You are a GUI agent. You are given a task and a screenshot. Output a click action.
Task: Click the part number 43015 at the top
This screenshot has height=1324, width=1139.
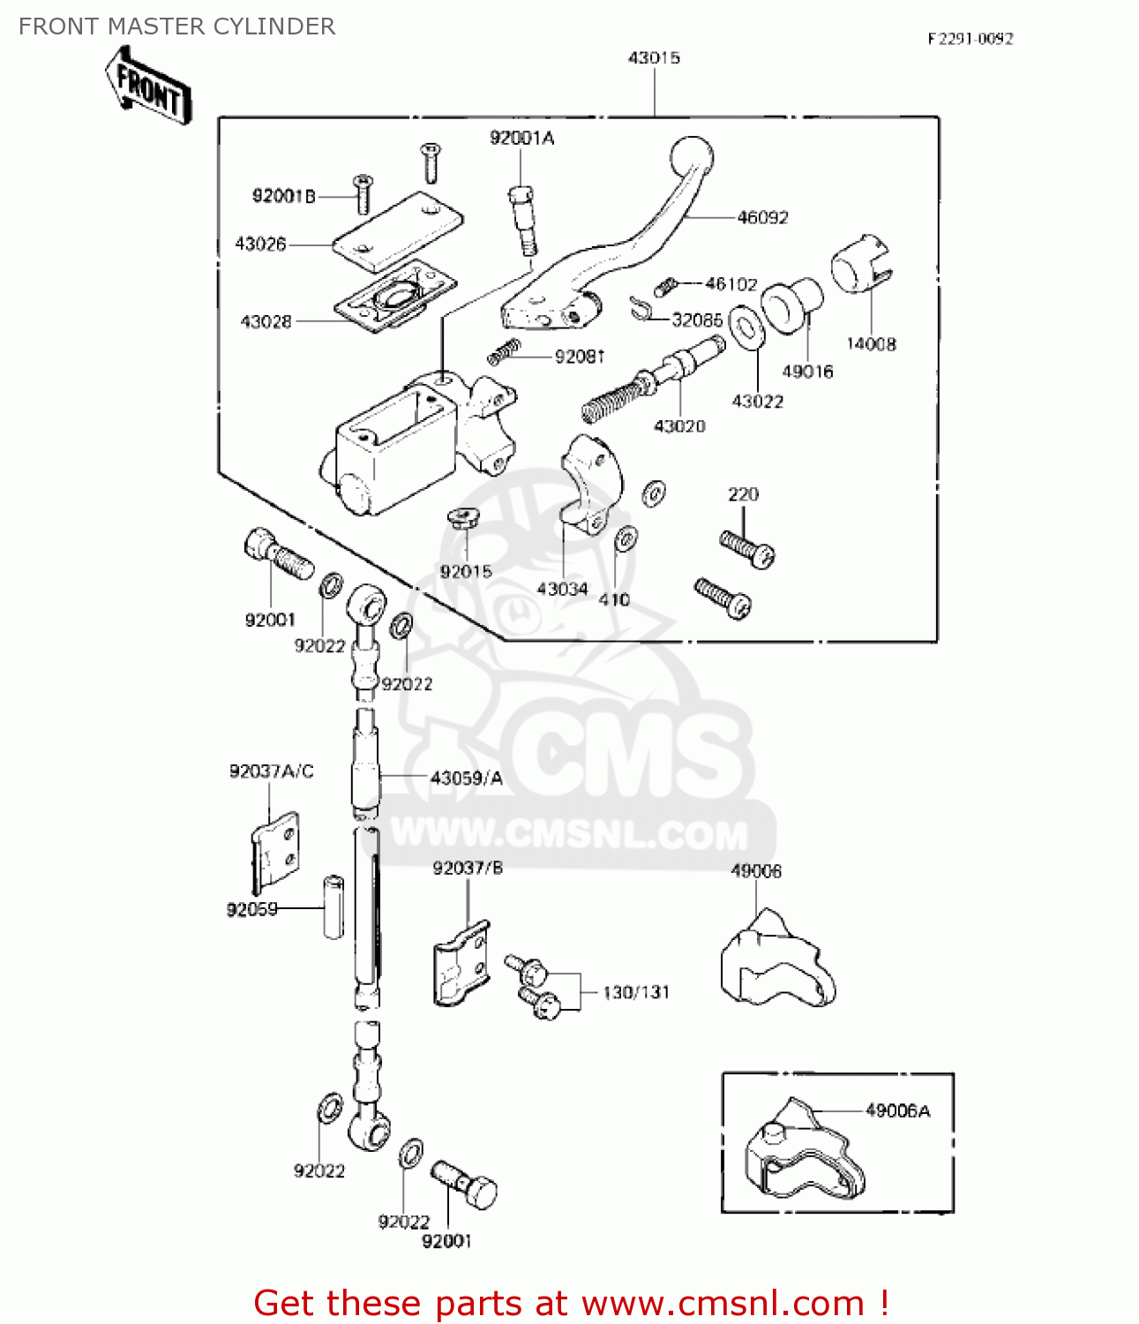coord(654,58)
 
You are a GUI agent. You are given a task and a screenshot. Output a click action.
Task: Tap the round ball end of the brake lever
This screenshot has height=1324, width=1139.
coord(692,159)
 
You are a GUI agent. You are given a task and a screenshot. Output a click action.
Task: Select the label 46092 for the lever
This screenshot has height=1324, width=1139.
coord(762,217)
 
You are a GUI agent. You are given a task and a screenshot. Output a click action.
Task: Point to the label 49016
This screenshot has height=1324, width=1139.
coord(807,372)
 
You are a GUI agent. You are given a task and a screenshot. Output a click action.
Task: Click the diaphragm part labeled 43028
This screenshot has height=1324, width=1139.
coord(394,297)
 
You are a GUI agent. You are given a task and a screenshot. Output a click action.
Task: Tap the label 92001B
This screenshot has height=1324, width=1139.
coord(283,196)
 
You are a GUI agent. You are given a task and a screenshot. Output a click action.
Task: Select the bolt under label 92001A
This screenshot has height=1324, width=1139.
coord(522,220)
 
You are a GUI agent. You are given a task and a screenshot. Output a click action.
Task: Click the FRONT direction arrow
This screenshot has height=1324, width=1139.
coord(148,87)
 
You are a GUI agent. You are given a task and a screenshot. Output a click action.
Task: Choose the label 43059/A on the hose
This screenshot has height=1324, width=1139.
coord(466,778)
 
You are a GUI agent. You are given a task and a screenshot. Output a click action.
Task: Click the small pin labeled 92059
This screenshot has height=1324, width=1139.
coord(333,906)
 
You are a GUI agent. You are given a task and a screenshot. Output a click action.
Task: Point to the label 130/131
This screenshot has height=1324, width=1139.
coord(636,992)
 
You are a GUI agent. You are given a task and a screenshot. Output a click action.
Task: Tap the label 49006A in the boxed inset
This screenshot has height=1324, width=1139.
coord(897,1110)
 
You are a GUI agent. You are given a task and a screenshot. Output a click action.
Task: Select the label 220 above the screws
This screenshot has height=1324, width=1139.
coord(743,494)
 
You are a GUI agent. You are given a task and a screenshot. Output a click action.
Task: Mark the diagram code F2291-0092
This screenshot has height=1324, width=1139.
coord(970,39)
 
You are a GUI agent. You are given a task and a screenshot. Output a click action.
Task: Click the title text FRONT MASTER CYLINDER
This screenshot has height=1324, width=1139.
coord(176,26)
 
